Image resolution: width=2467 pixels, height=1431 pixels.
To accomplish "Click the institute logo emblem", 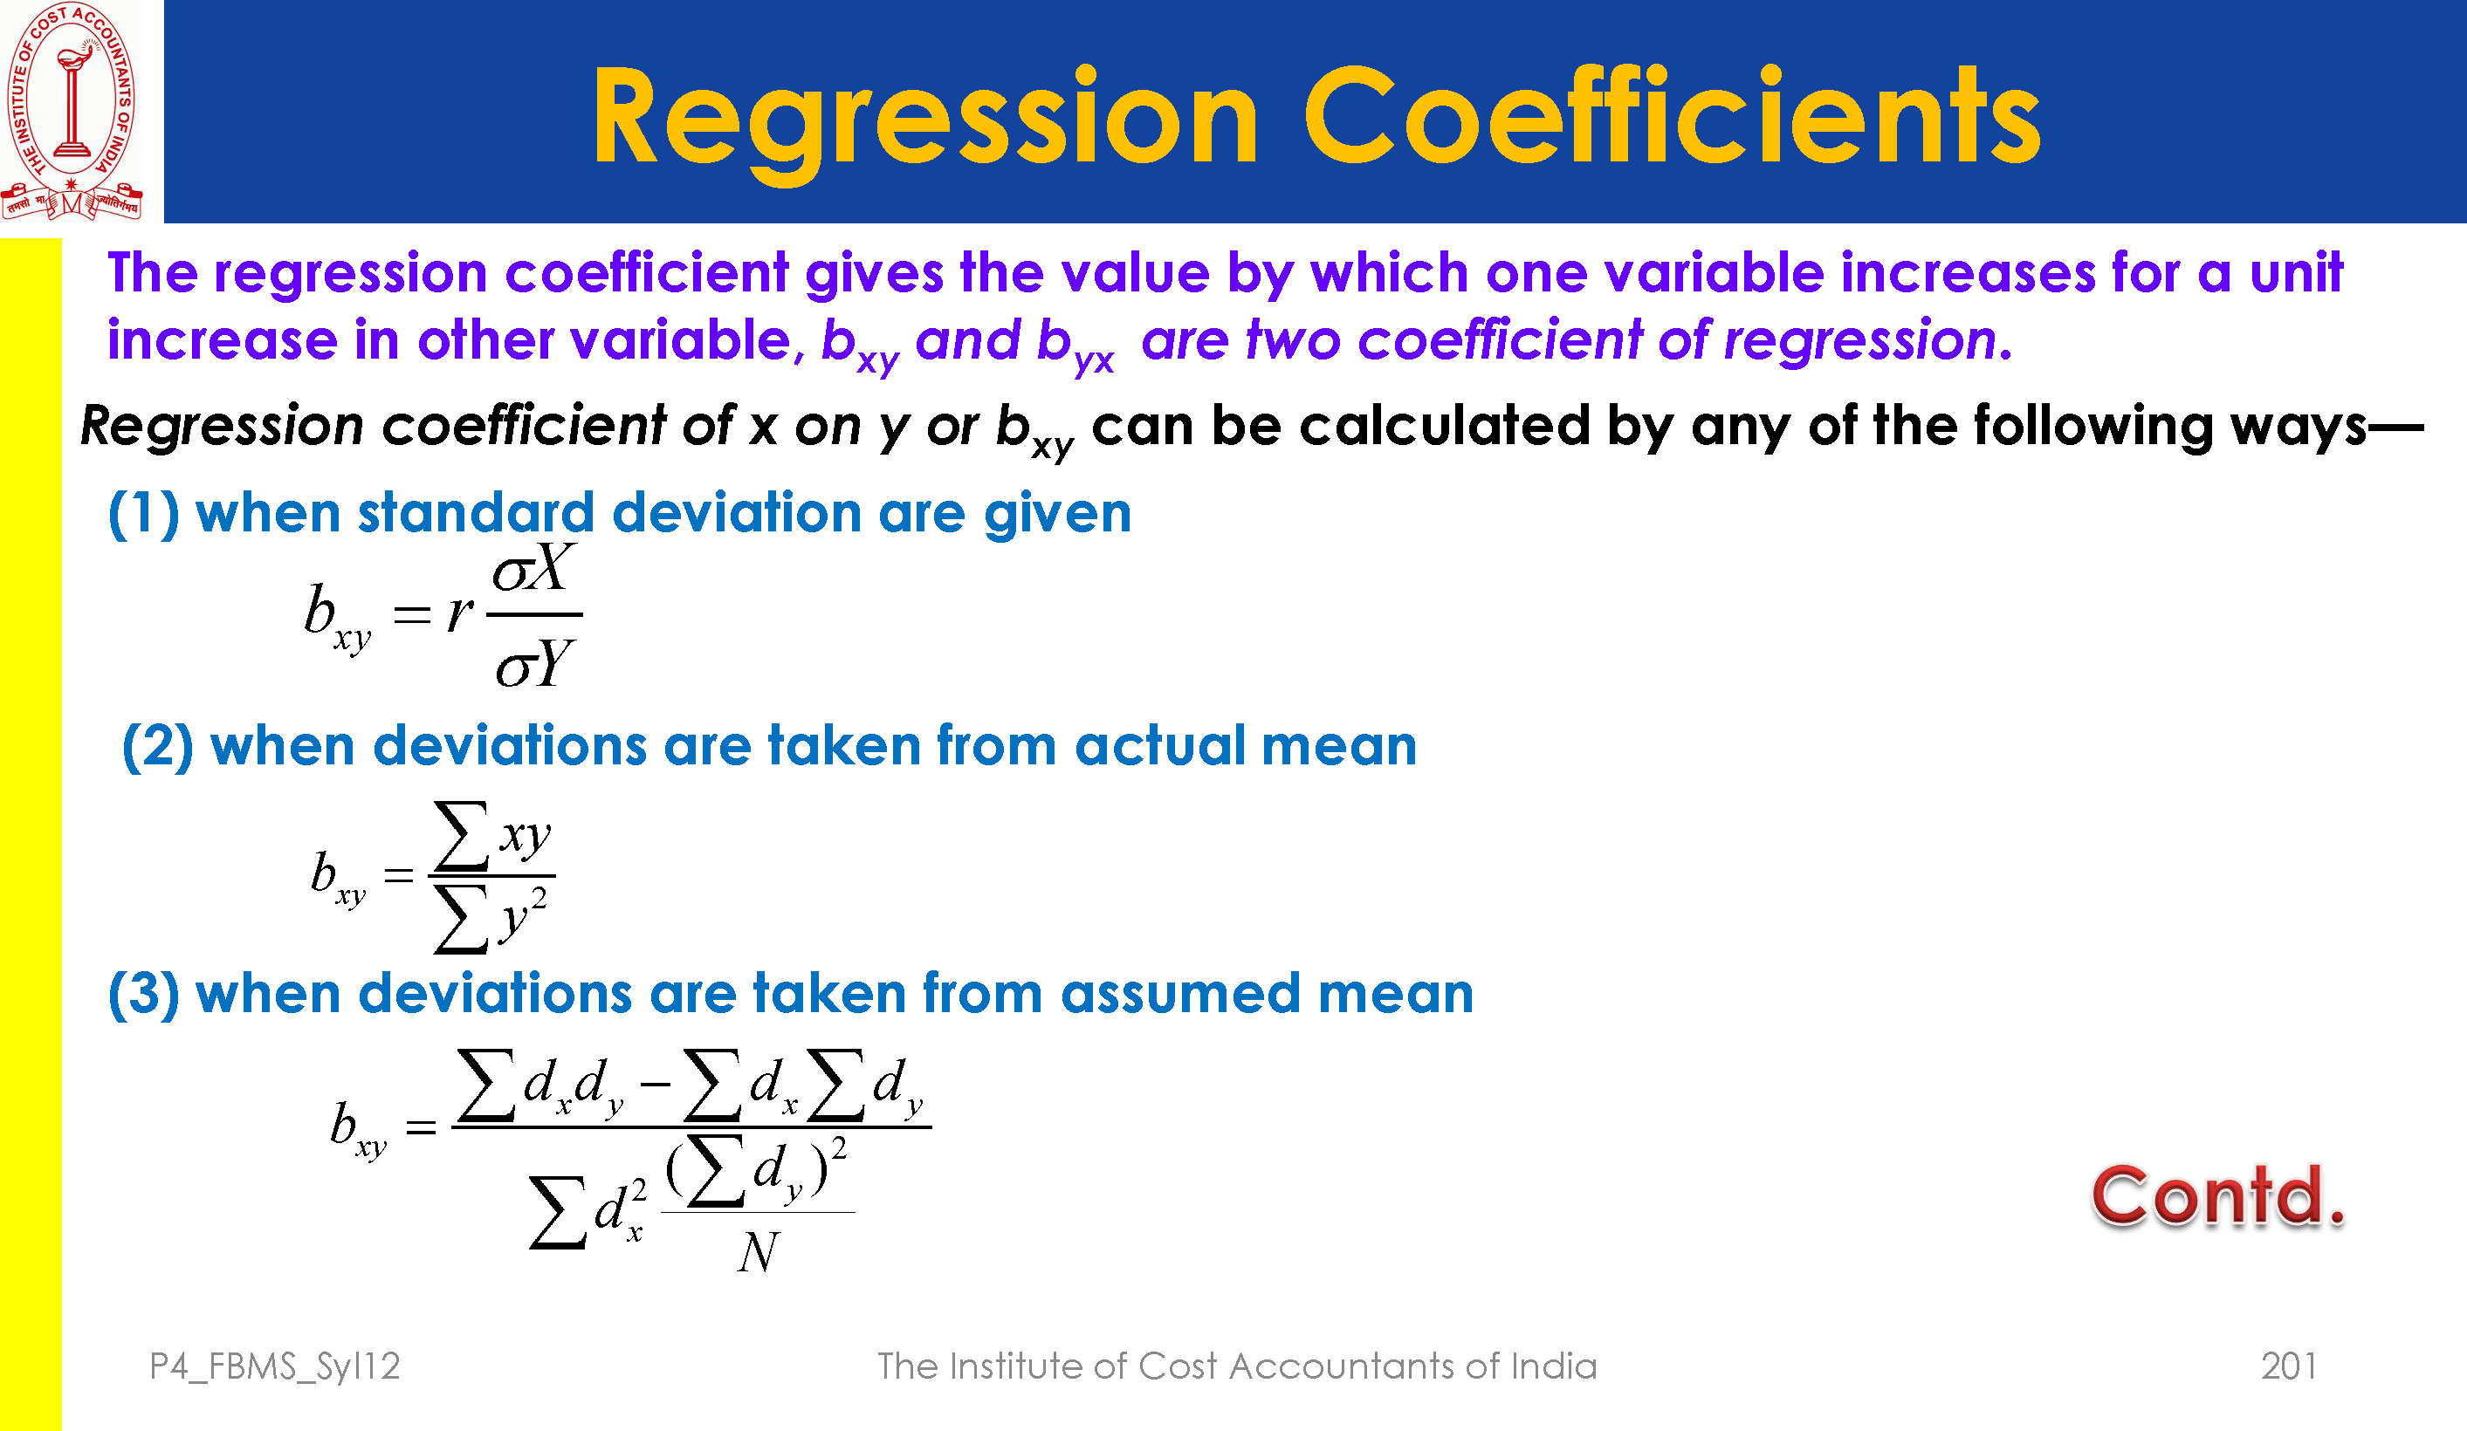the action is [x=72, y=111].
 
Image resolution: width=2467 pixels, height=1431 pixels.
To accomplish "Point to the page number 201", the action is [x=2289, y=1366].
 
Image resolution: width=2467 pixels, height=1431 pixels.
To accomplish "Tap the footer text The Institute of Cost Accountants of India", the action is [x=1236, y=1366].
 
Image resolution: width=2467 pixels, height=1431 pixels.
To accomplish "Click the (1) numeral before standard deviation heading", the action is [x=144, y=514].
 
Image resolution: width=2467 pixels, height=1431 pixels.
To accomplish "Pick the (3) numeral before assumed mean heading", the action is [x=144, y=995].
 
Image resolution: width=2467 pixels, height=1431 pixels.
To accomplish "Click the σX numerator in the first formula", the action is [x=533, y=568].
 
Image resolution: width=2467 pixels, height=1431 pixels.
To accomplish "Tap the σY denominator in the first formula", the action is [x=533, y=664].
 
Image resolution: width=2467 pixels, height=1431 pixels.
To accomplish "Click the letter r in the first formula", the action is [x=459, y=613].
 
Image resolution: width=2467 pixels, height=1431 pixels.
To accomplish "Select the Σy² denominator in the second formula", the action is [x=491, y=918].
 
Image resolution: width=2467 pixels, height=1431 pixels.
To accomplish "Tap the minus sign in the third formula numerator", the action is [x=655, y=1084].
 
